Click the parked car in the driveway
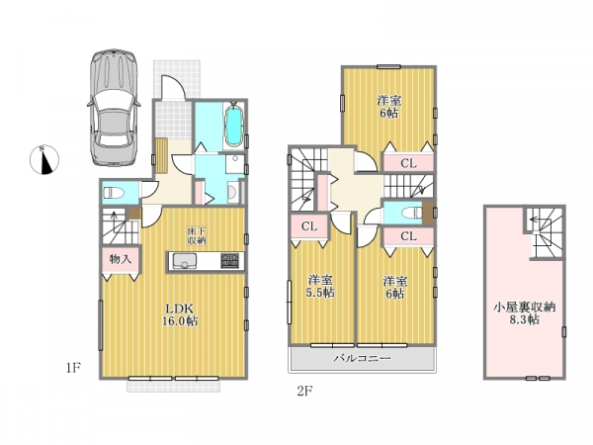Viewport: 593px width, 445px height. [x=114, y=108]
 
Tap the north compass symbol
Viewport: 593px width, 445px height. [x=44, y=160]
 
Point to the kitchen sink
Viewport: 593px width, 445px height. [x=184, y=261]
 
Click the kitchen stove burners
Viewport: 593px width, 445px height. [x=230, y=261]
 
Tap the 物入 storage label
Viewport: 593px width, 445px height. [x=121, y=259]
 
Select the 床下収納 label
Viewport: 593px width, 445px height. [x=197, y=235]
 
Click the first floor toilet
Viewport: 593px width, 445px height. [x=114, y=193]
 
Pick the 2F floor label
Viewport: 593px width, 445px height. [x=304, y=391]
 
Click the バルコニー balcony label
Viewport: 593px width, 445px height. [x=362, y=358]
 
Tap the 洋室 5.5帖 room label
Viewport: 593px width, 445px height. [x=320, y=286]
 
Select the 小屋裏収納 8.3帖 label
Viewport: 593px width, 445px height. [x=524, y=312]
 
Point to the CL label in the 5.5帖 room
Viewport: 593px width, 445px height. [x=309, y=226]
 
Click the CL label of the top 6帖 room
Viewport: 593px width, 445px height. [x=408, y=163]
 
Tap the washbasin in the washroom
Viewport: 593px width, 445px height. [x=232, y=193]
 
